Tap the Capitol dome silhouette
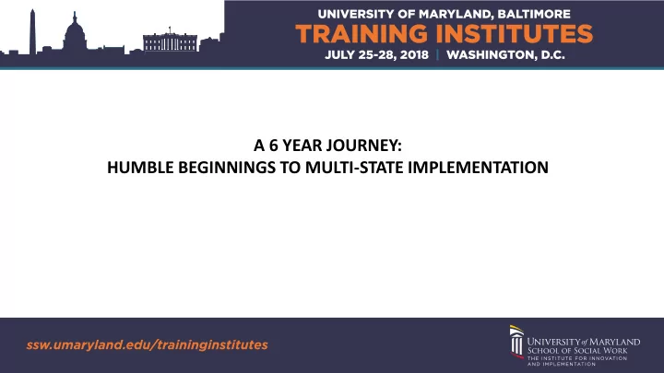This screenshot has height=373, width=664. (x=75, y=32)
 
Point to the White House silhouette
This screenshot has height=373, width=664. (x=171, y=42)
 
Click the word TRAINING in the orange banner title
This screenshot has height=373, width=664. (x=362, y=34)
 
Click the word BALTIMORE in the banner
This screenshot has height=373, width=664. (x=534, y=14)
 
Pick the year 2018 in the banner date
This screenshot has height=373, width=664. (x=414, y=55)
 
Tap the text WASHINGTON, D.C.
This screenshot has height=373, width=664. (x=505, y=55)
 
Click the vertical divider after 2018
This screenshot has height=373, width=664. (x=437, y=55)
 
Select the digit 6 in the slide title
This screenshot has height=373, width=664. (x=274, y=146)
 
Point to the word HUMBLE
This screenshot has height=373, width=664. (x=140, y=168)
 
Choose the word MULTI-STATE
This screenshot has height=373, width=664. (x=354, y=168)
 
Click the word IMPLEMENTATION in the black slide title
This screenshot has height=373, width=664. (x=478, y=168)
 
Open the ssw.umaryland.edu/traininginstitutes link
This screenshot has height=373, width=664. (x=147, y=344)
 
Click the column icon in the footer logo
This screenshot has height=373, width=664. (x=516, y=342)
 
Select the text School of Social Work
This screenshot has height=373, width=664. (x=577, y=351)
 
